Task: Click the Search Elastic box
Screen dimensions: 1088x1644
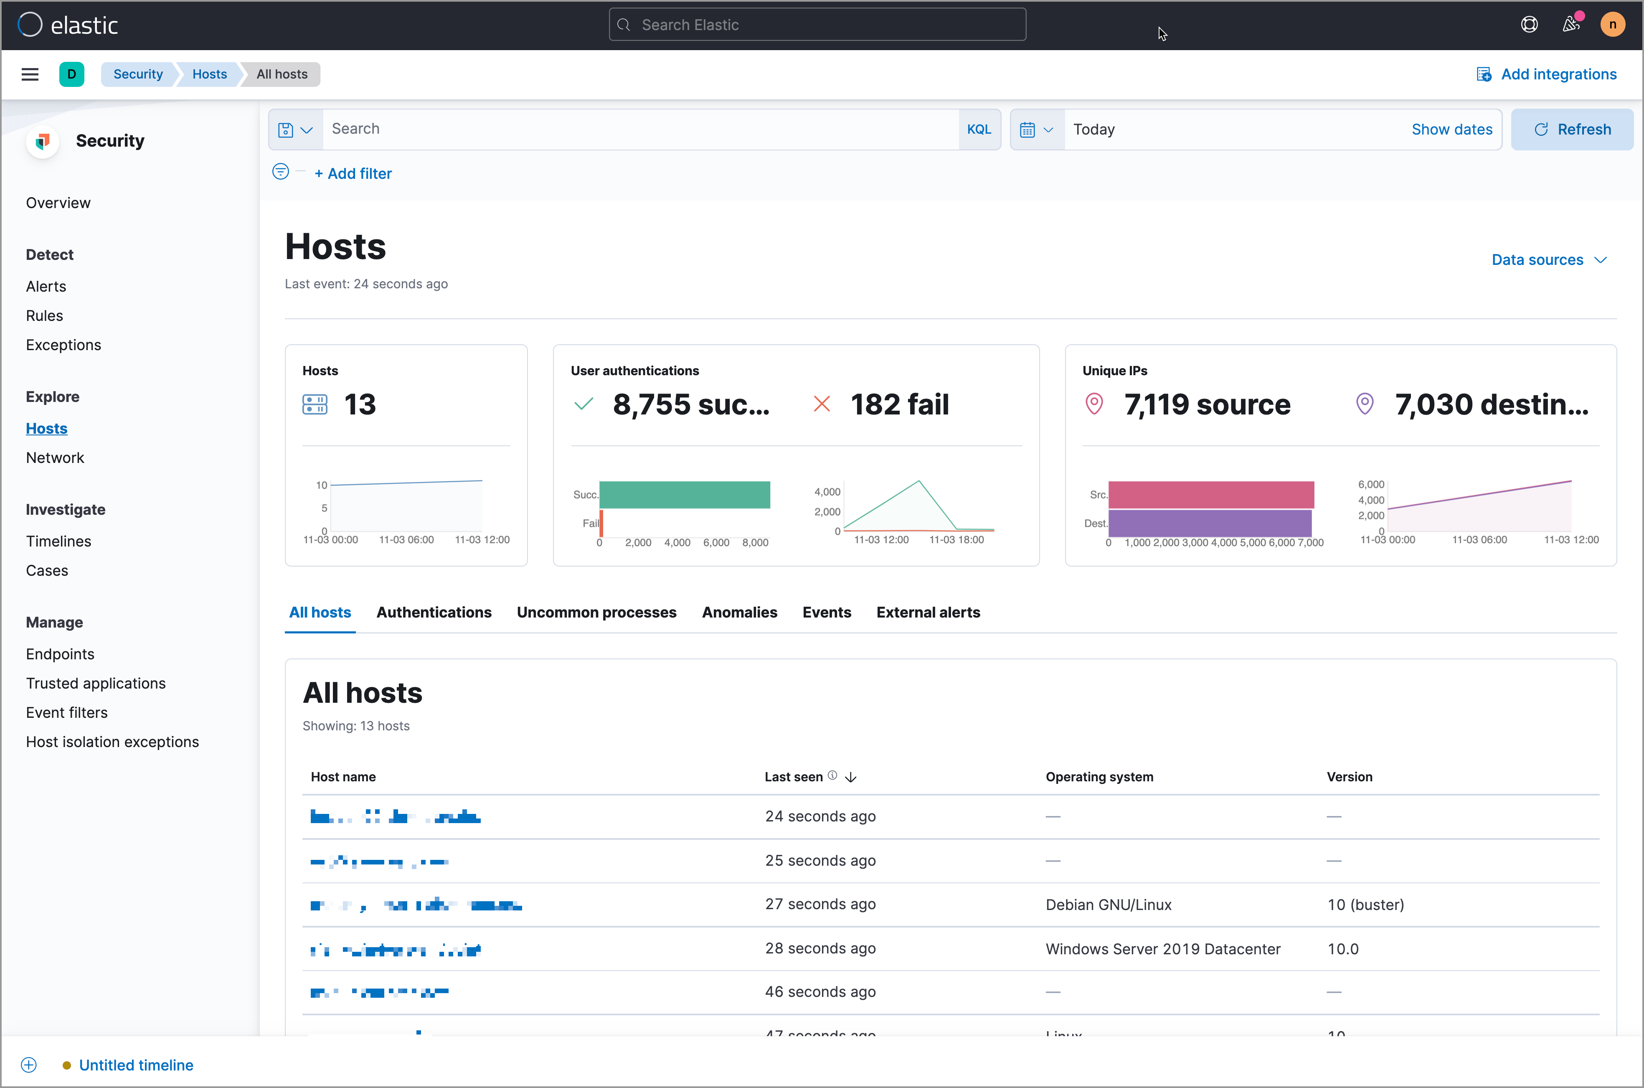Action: point(817,25)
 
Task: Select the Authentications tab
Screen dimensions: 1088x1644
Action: point(434,612)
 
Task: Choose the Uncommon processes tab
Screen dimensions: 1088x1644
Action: point(596,612)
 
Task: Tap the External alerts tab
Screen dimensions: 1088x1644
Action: point(927,612)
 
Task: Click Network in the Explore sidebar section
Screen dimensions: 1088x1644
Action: point(55,458)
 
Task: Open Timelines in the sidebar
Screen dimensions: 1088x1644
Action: point(58,541)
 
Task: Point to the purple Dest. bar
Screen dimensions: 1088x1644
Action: point(1209,523)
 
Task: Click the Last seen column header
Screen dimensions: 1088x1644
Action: point(794,776)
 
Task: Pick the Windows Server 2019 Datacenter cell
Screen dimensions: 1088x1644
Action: point(1162,948)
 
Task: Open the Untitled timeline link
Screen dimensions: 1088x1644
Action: point(136,1065)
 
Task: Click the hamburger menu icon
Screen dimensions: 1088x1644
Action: point(30,74)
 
